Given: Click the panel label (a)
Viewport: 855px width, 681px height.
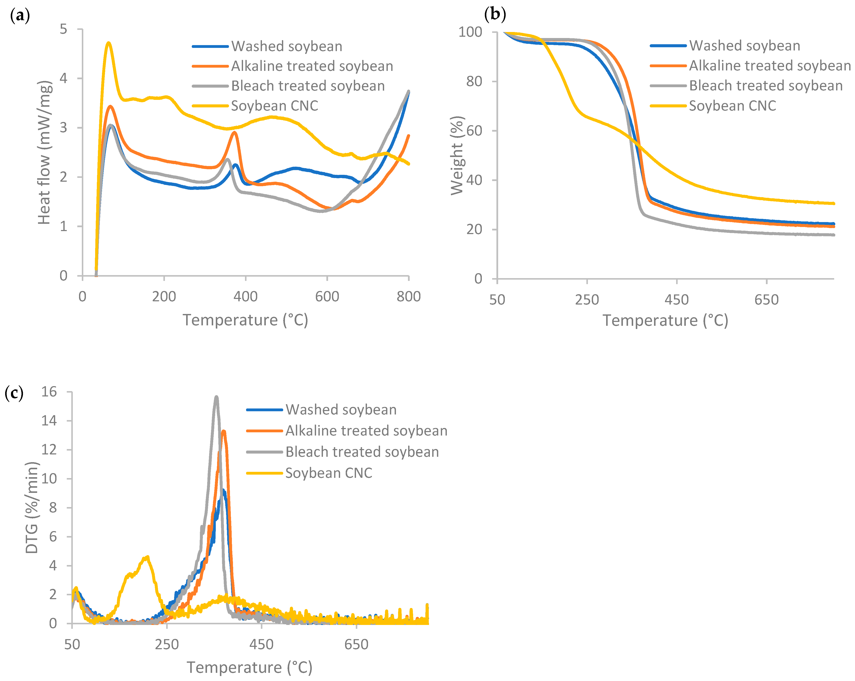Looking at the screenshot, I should (x=20, y=16).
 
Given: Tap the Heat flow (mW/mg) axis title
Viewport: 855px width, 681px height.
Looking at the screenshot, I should (x=44, y=153).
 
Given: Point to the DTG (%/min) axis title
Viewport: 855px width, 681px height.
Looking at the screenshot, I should (x=32, y=508).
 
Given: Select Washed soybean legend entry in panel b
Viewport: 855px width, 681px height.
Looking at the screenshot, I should (x=744, y=46).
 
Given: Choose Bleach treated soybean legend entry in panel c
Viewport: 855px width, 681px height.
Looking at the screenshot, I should (x=362, y=452).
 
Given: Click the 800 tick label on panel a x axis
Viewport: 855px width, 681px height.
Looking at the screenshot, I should (x=408, y=296).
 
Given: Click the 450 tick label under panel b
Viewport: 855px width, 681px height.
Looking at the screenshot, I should (x=677, y=299).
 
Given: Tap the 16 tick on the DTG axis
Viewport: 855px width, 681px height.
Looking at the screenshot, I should (x=49, y=392).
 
